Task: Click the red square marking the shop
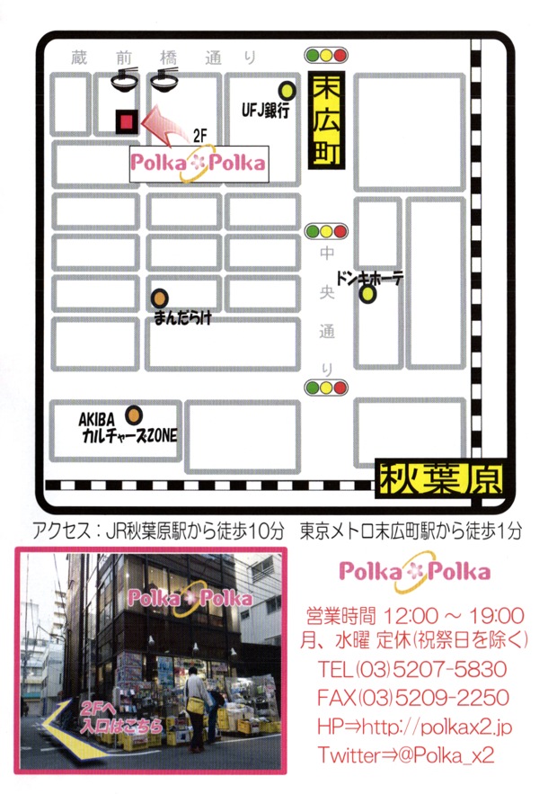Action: click(x=127, y=120)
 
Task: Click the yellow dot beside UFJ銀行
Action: click(x=287, y=90)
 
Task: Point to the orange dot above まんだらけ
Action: click(x=159, y=298)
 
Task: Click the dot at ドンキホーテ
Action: click(x=367, y=294)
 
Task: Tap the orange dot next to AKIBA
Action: click(x=134, y=415)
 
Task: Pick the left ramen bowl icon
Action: click(x=124, y=79)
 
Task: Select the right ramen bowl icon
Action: click(x=164, y=79)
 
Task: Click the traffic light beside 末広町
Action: click(x=325, y=55)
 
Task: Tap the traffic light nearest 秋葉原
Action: click(x=325, y=388)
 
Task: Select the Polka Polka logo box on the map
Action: click(x=199, y=164)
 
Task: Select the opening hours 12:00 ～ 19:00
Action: click(x=454, y=616)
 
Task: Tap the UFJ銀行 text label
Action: click(x=265, y=112)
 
